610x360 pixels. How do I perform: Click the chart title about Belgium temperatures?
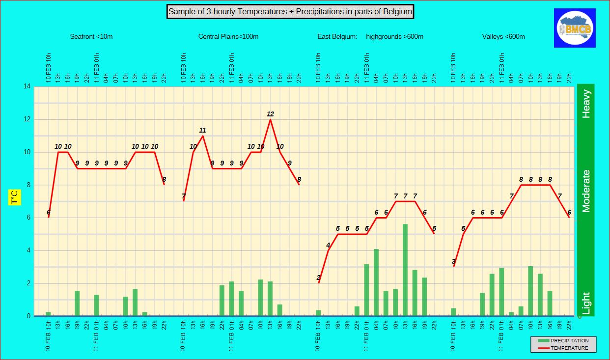coord(290,12)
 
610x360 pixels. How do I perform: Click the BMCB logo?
coord(575,28)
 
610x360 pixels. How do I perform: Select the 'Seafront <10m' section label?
coord(91,37)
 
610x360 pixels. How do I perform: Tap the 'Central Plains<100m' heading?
coord(228,37)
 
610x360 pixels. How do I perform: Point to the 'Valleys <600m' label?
coord(503,37)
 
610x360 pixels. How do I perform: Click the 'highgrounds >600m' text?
coord(394,37)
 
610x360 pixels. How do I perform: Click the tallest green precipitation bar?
coord(405,270)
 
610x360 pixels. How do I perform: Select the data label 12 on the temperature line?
coord(270,114)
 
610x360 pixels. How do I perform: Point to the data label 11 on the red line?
coord(202,130)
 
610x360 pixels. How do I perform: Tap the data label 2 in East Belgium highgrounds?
coord(318,277)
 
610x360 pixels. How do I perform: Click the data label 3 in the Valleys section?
coord(453,261)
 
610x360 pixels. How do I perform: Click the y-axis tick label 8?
coord(28,185)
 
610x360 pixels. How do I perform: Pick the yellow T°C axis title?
coord(15,197)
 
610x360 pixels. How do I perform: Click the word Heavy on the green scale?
coord(586,104)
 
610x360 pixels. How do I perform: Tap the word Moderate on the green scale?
coord(586,192)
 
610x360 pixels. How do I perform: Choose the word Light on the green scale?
coord(586,303)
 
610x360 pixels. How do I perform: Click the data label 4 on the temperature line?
coord(328,245)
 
